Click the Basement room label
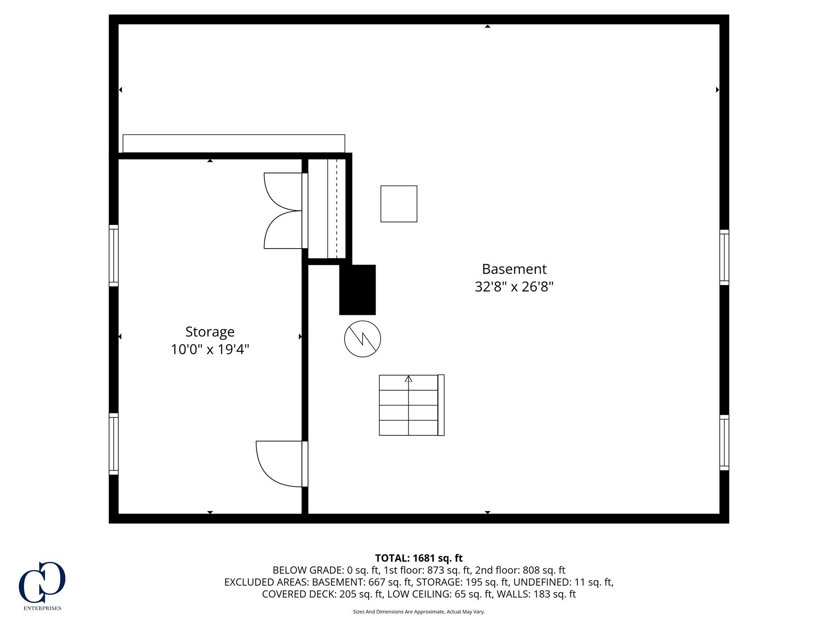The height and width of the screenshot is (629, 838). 514,269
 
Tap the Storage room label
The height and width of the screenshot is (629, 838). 210,332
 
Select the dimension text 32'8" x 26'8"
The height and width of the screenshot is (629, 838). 514,287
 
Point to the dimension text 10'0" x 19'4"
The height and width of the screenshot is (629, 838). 210,349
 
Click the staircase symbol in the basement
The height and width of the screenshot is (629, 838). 412,405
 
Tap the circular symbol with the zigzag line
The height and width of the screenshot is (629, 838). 363,339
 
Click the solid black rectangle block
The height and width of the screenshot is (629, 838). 357,290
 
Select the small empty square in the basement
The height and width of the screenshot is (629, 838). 399,204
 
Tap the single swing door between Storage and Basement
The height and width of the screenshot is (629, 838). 282,464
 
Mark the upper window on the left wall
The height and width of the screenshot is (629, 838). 113,256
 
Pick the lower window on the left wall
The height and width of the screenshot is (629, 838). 113,444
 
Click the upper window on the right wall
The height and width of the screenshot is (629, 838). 724,257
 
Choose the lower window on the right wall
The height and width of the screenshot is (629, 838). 724,442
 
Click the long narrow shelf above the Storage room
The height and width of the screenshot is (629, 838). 234,143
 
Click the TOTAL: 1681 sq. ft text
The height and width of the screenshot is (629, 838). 419,558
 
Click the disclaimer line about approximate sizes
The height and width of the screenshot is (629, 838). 419,612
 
